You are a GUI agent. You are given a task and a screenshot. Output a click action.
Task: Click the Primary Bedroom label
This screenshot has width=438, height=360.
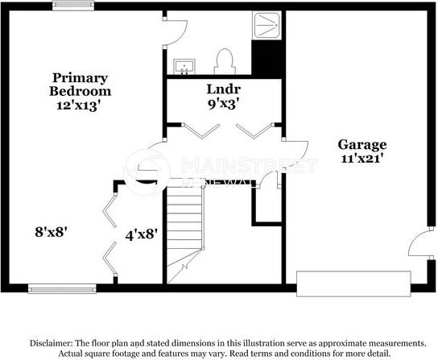click(x=80, y=85)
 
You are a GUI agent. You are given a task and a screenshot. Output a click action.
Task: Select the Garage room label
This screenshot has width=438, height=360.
click(x=362, y=145)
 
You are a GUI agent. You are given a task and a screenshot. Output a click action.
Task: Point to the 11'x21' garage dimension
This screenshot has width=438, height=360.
click(x=362, y=159)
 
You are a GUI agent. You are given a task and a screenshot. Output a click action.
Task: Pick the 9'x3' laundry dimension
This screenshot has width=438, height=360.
click(x=223, y=103)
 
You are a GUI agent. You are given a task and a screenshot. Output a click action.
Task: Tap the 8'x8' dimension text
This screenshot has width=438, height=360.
click(x=50, y=231)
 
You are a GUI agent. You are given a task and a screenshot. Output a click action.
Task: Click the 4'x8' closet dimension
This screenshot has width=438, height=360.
click(x=141, y=234)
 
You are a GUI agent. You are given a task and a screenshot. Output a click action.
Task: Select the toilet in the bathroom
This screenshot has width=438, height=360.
click(x=224, y=60)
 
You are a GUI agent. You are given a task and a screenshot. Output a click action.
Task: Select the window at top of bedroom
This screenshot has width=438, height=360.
click(x=70, y=6)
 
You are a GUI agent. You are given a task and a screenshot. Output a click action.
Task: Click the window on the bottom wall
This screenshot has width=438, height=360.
click(x=52, y=288)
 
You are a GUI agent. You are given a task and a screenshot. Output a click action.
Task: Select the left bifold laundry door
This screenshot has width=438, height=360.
click(x=200, y=130)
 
